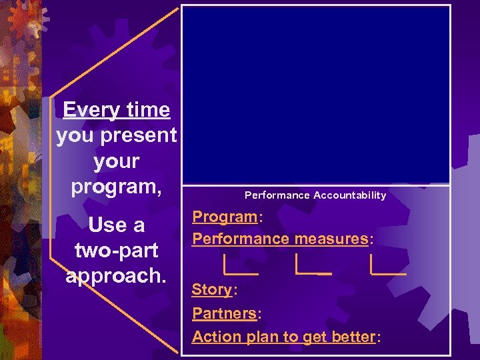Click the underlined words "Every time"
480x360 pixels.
(x=116, y=109)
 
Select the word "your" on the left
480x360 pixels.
(x=117, y=161)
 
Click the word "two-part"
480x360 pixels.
(x=117, y=251)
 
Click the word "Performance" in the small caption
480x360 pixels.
(x=277, y=195)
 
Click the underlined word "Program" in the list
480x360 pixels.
(x=224, y=217)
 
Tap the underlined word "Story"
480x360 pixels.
(x=211, y=290)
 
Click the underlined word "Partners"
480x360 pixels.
(x=224, y=313)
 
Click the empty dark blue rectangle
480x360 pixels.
(x=317, y=93)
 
